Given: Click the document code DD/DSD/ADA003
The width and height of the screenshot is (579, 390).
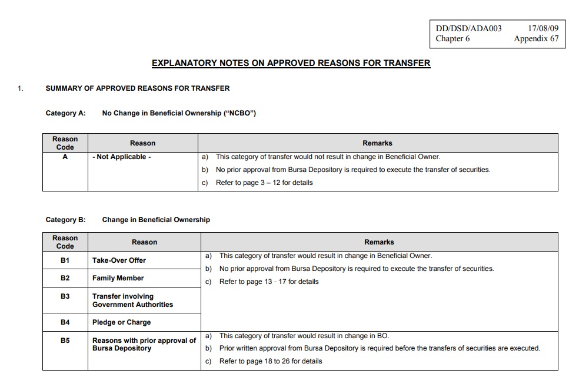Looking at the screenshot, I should pos(468,28).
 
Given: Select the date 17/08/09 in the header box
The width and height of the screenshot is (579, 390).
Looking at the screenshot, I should pos(543,28).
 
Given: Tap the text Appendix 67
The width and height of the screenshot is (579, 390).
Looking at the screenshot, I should pos(536,39).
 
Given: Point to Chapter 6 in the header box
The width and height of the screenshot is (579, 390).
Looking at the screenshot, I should pos(452,39).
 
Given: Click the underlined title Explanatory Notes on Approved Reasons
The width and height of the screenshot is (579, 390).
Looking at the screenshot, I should pos(291,63).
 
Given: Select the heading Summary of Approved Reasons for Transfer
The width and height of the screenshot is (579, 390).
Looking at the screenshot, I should pos(138,88).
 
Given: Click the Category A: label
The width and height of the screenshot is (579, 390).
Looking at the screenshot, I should pos(65,113).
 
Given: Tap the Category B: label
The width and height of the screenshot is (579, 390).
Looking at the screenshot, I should pos(65,220).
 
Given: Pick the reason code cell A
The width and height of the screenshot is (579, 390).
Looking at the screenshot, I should pos(65,157).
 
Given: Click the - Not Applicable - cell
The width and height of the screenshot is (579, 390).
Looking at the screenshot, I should pos(122,157).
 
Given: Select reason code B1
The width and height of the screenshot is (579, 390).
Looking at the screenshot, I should pos(65,260).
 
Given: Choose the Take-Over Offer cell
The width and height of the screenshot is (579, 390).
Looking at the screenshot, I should pos(119,260).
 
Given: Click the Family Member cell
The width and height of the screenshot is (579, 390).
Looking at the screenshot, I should pos(118,278).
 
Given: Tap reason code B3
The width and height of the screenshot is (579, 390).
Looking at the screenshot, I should pos(65,296).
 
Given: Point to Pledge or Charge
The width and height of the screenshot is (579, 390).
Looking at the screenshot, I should pos(121,322).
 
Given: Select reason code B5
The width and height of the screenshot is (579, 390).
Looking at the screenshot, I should pos(65,341).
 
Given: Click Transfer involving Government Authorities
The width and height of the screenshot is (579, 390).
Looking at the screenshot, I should pos(132,300).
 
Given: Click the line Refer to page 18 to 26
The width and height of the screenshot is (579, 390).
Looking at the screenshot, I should pos(270,361).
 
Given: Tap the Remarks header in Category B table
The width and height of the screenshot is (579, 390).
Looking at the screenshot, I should pos(379,242).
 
